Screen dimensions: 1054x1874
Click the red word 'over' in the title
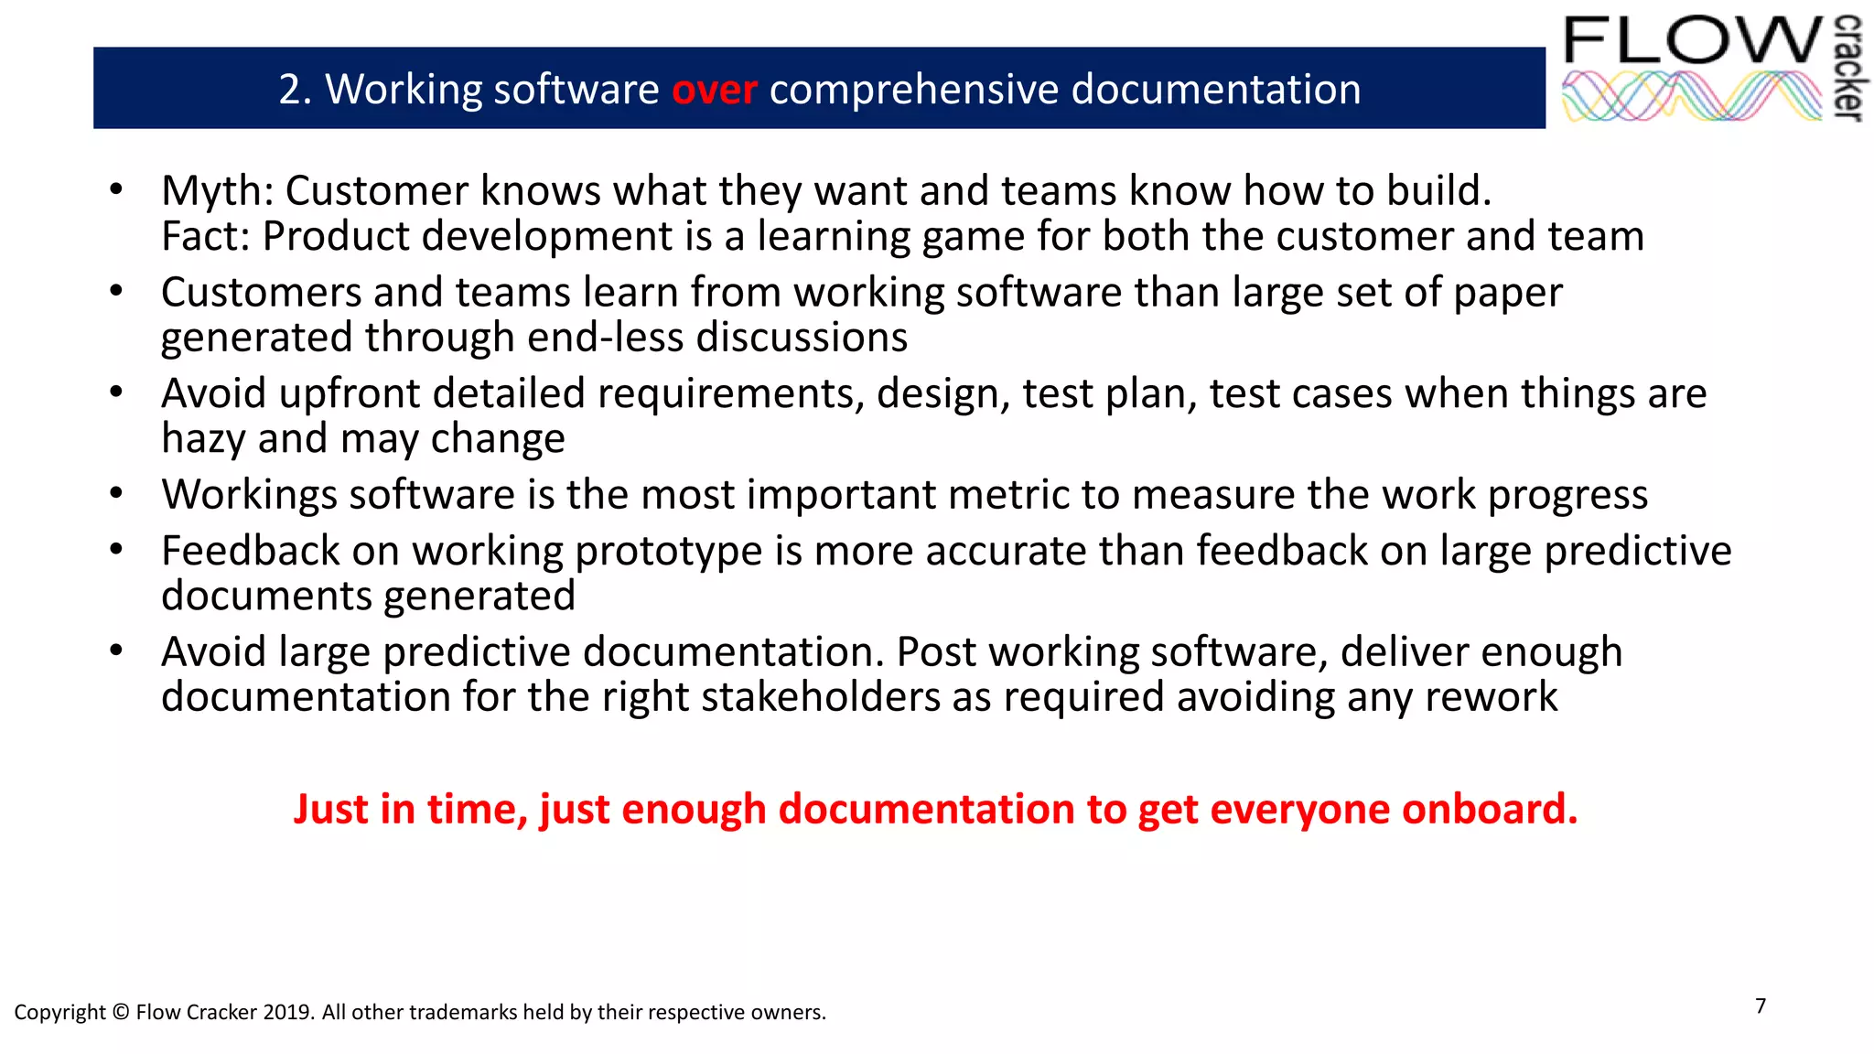[x=714, y=90]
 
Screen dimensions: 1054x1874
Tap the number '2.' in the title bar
[x=296, y=90]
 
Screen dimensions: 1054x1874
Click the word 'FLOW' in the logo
[x=1693, y=41]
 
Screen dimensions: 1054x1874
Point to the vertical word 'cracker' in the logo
[x=1849, y=68]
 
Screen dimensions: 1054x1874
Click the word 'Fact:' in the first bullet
[x=206, y=236]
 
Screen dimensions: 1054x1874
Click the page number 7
[x=1761, y=1006]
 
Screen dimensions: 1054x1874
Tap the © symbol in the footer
[x=122, y=1013]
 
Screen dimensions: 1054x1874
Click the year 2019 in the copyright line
[x=288, y=1013]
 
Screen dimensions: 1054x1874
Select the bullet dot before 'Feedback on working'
[x=116, y=550]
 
